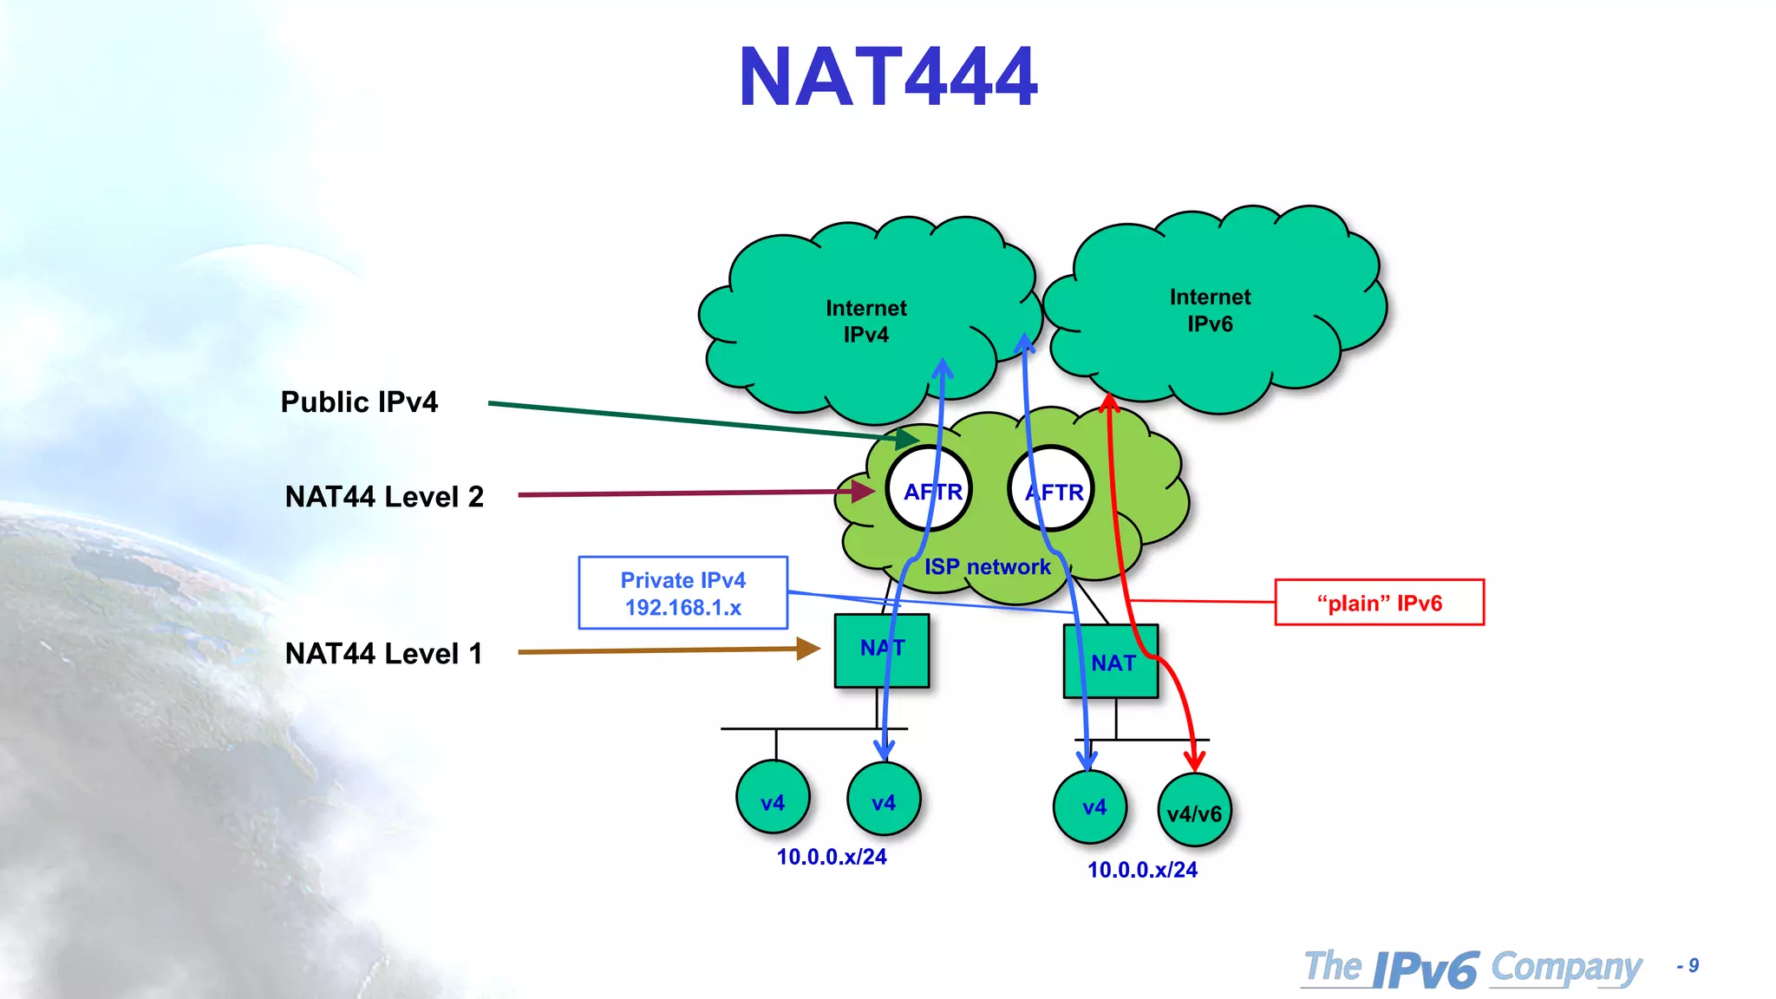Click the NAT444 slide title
(x=887, y=78)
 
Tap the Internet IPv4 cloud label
(x=865, y=321)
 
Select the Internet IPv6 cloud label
(x=1210, y=310)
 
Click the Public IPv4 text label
(x=359, y=402)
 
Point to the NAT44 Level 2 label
(x=384, y=497)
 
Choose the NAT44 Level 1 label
(x=384, y=653)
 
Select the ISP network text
(x=987, y=567)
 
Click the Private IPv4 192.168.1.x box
(x=683, y=593)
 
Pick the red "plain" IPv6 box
(x=1379, y=603)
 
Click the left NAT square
(x=881, y=650)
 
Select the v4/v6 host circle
(x=1194, y=811)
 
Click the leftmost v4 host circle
(x=773, y=798)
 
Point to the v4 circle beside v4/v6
(x=1091, y=807)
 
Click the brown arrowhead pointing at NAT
(x=808, y=649)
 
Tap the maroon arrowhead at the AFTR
(x=863, y=492)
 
